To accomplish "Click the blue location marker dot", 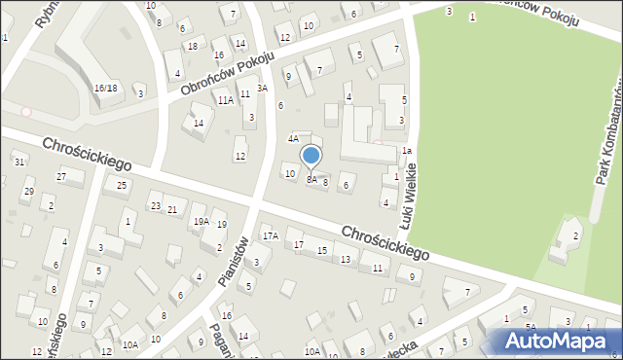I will (x=311, y=155).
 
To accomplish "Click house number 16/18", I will (x=105, y=88).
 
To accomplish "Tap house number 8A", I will (x=311, y=180).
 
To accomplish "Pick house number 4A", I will (x=292, y=139).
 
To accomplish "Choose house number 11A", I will (x=225, y=100).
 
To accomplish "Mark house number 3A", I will (x=262, y=88).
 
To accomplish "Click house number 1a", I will (x=407, y=151).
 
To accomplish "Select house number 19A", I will (x=201, y=221).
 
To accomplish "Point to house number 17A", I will (x=270, y=235).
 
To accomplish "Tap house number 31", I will (x=20, y=162).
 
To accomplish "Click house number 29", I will (x=28, y=191).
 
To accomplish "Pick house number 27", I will (x=61, y=176).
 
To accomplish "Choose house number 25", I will (x=122, y=185).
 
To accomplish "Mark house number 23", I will (x=155, y=205).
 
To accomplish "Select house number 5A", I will (x=531, y=327).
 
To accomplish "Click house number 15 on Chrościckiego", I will (x=322, y=251).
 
